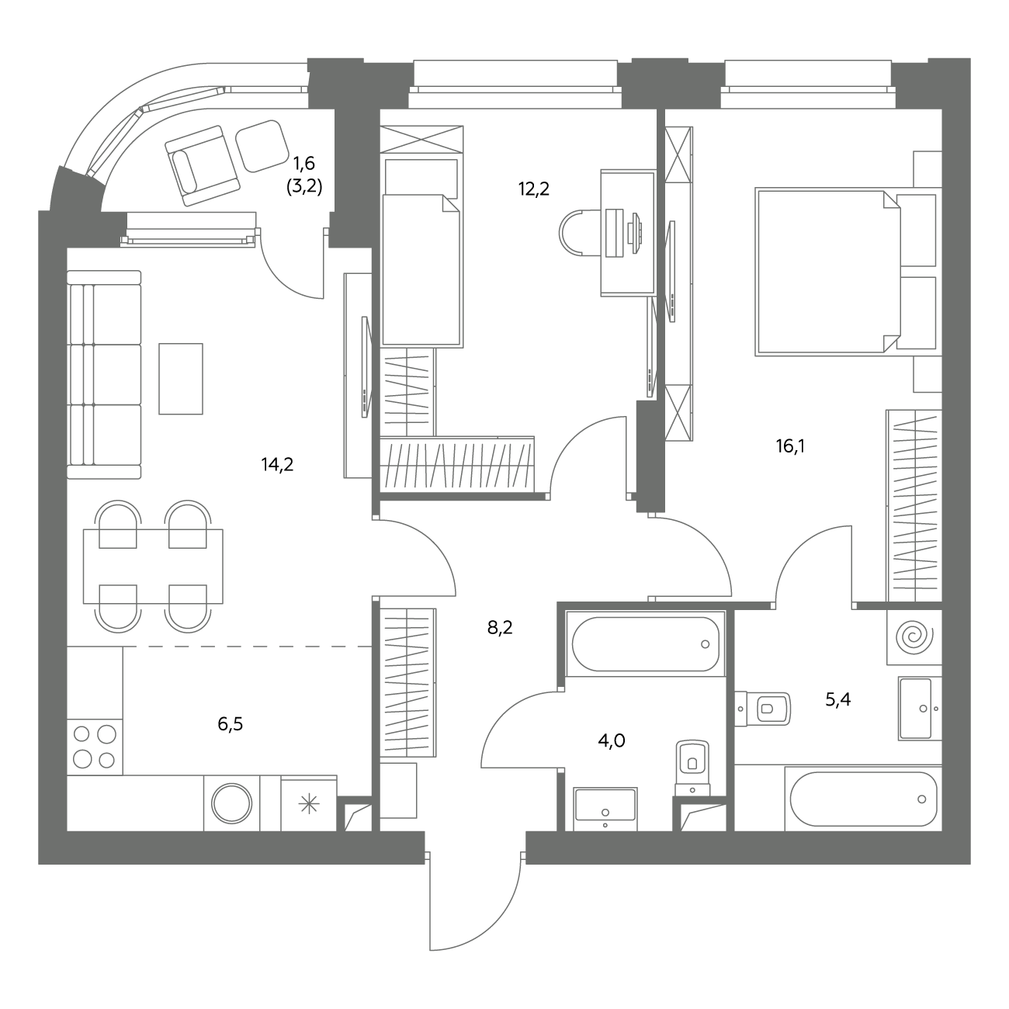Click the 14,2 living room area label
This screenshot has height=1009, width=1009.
click(x=278, y=464)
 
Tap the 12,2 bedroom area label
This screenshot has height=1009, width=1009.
click(x=534, y=189)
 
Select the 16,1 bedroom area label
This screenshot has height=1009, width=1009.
click(x=790, y=446)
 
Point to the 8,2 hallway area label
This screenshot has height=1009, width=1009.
click(x=500, y=627)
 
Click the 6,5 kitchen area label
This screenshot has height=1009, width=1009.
click(x=231, y=724)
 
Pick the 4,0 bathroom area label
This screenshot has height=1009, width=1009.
click(x=612, y=741)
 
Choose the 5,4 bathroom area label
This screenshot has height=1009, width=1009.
click(x=837, y=699)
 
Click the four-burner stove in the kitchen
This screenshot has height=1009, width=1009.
click(x=95, y=747)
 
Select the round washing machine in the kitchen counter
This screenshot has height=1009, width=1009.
click(x=232, y=803)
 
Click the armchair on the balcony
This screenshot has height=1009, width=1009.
click(x=202, y=165)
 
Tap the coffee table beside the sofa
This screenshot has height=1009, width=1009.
click(x=181, y=379)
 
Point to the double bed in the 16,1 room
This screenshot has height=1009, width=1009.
click(x=828, y=272)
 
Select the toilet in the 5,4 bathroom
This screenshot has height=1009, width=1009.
click(x=762, y=709)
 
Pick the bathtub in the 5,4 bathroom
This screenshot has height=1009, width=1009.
click(x=863, y=799)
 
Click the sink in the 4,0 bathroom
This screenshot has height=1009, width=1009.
click(x=605, y=809)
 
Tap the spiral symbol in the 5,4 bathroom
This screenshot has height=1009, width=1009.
click(x=914, y=637)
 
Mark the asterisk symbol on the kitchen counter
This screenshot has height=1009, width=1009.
click(x=309, y=804)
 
